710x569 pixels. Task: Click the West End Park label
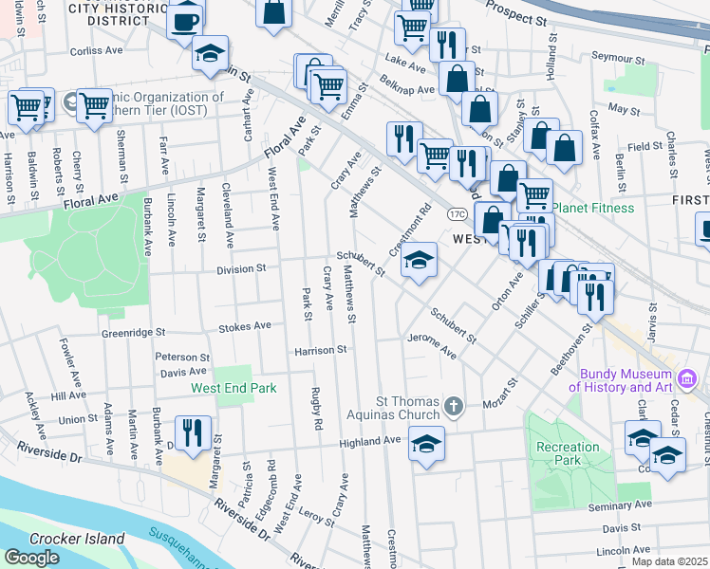point(234,388)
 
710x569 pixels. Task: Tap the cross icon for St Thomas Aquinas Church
point(454,408)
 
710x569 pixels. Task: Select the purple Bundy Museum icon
point(688,381)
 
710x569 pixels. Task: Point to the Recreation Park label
point(568,453)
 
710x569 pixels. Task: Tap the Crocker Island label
point(77,539)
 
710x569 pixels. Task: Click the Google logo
point(31,558)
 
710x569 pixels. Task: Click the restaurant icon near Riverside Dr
point(195,432)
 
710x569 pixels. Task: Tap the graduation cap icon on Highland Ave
point(426,444)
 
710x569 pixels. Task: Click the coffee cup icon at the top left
point(185,20)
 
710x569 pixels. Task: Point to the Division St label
point(241,269)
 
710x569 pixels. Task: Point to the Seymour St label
point(618,58)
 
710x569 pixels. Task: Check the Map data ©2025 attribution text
point(669,561)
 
